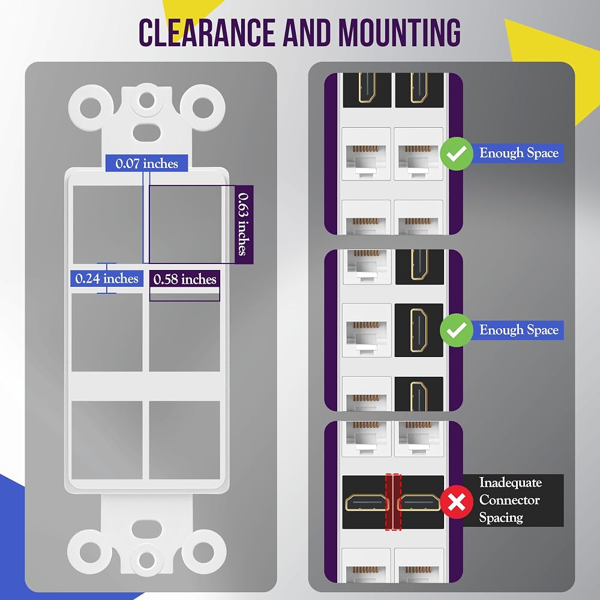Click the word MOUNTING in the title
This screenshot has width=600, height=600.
400,32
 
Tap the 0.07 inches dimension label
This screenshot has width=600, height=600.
146,163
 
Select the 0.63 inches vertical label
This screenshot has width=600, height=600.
244,224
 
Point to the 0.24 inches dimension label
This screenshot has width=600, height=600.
107,278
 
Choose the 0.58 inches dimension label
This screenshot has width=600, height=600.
185,279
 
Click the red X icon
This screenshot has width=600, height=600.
457,502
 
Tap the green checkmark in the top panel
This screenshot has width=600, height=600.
457,154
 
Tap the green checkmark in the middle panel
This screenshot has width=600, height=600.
457,330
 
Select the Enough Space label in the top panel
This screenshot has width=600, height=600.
518,153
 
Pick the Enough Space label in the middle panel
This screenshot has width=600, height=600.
518,330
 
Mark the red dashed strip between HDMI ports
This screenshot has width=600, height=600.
394,502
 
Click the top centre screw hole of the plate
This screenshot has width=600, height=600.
146,101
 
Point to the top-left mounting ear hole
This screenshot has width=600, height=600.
91,107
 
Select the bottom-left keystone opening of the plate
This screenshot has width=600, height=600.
107,440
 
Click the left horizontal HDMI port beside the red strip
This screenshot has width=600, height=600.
367,502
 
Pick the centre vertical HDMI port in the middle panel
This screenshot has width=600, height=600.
419,330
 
